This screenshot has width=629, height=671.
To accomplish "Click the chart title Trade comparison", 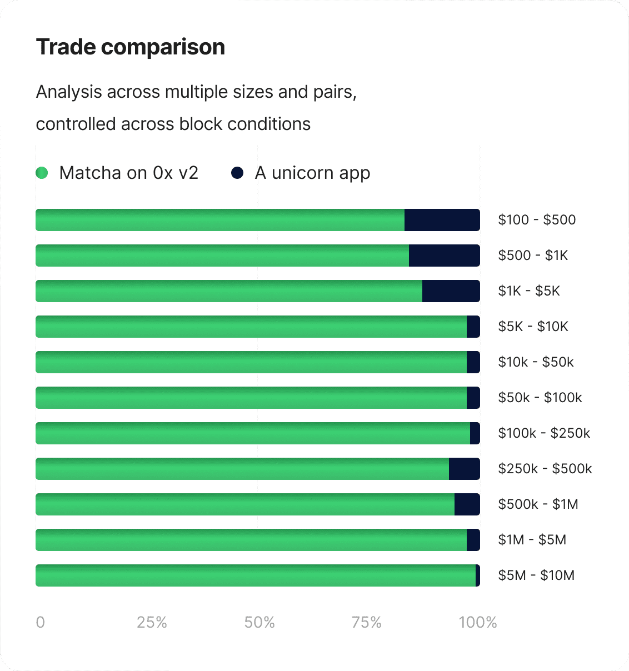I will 130,47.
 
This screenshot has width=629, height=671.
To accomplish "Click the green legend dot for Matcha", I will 42,173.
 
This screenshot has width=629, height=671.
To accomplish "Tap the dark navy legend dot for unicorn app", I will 237,173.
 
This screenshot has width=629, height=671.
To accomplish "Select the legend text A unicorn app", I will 312,173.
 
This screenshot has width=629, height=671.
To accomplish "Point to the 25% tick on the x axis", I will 152,622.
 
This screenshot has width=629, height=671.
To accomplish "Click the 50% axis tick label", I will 259,622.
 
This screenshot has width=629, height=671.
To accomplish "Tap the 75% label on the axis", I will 367,622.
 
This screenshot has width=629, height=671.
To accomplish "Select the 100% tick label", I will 478,622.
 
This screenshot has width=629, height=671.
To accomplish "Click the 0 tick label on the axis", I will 40,622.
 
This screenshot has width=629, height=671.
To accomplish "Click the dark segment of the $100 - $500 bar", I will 442,220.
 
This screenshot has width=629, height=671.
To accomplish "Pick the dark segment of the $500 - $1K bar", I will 444,256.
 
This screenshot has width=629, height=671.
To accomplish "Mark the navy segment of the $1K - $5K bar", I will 451,291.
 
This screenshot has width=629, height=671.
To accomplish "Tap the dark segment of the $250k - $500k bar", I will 464,469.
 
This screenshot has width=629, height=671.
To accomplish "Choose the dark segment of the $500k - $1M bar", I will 467,504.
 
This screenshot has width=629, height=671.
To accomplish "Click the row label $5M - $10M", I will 536,575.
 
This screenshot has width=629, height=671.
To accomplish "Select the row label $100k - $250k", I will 544,433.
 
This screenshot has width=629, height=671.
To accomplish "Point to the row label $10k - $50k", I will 536,362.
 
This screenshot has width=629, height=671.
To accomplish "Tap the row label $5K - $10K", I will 533,327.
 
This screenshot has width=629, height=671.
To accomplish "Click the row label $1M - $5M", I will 532,539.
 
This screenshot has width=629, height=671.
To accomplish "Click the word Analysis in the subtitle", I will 69,92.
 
